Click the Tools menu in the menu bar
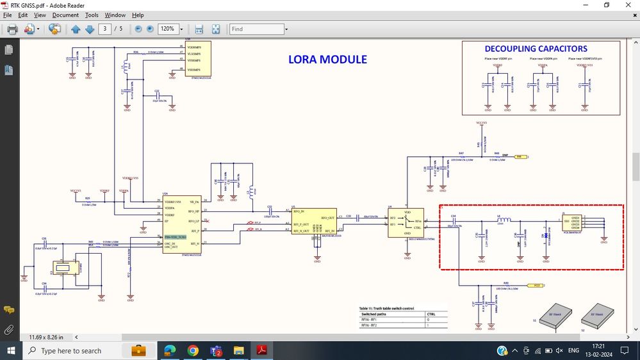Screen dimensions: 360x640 [x=92, y=15]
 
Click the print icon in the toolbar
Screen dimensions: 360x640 [x=12, y=29]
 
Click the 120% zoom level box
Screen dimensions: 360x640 [x=168, y=29]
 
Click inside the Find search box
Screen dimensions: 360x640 [x=256, y=29]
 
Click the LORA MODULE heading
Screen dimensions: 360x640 [x=327, y=60]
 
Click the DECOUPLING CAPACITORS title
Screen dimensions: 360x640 [x=536, y=49]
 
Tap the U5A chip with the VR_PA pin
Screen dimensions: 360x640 [x=182, y=224]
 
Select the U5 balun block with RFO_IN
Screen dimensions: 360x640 [x=314, y=222]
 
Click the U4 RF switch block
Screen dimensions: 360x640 [x=406, y=222]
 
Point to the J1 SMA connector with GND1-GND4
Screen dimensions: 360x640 [x=571, y=224]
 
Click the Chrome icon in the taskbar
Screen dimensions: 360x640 [x=193, y=350]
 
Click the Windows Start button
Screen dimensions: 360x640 [x=11, y=350]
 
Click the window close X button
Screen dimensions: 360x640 [x=628, y=5]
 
